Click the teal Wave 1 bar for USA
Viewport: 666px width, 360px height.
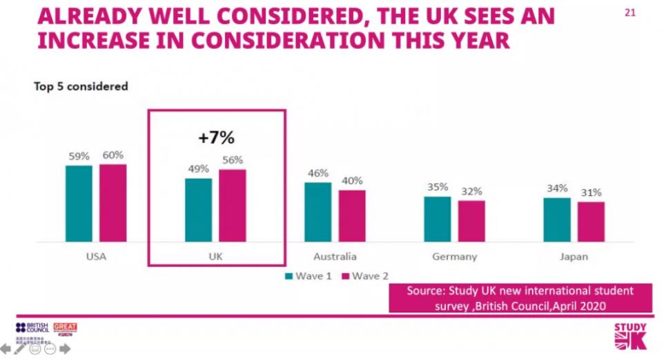(79, 203)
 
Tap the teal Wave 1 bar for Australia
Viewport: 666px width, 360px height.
(317, 212)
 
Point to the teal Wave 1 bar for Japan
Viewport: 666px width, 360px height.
(557, 220)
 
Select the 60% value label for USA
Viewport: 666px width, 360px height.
(112, 156)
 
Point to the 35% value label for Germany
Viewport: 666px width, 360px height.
(438, 188)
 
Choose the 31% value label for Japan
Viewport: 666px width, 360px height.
(591, 192)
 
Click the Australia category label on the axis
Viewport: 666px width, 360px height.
(335, 257)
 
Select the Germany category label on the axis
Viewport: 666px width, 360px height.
(454, 257)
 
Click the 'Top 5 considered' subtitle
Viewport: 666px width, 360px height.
(81, 87)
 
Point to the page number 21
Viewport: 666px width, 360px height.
(629, 12)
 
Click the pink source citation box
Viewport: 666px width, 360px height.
(520, 297)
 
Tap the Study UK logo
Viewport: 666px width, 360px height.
(630, 337)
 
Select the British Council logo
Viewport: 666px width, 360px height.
(32, 328)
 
